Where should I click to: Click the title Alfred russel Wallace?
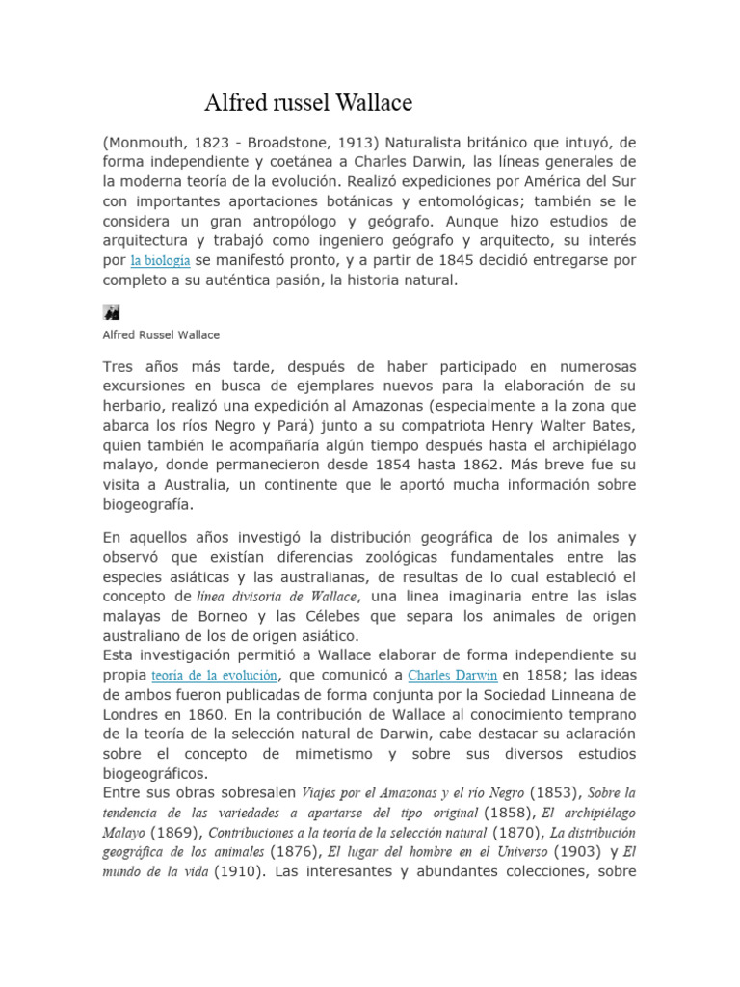(x=308, y=103)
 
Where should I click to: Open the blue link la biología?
(x=159, y=261)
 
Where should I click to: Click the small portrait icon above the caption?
(x=111, y=311)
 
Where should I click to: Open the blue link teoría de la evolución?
(x=215, y=675)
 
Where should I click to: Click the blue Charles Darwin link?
(x=453, y=675)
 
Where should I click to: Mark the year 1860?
(x=224, y=714)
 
